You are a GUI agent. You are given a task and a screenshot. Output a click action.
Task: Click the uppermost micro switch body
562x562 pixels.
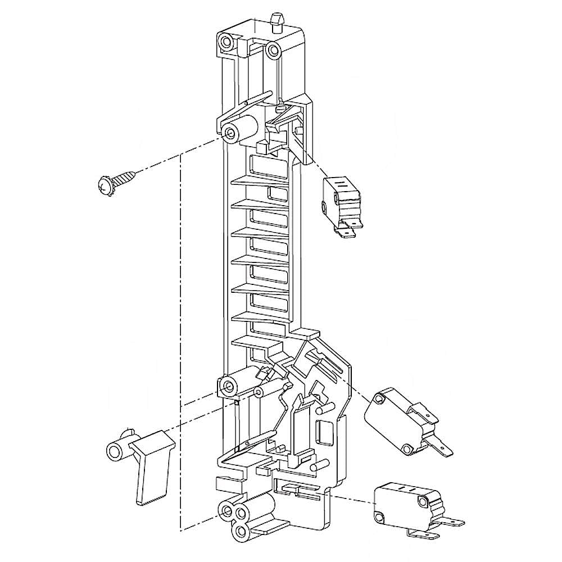tap(341, 197)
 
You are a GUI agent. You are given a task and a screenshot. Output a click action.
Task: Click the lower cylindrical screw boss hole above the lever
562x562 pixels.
tap(228, 387)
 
